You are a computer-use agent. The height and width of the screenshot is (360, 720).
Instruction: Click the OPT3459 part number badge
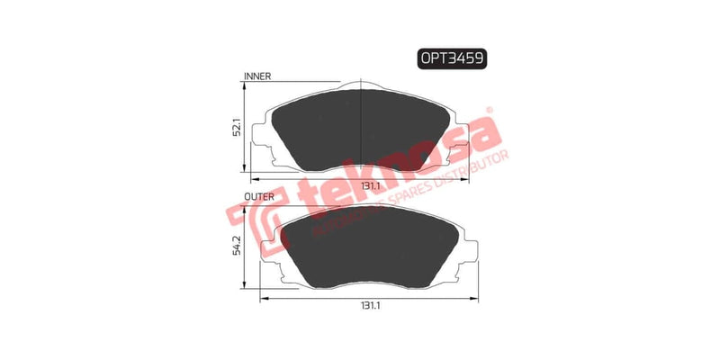(451, 59)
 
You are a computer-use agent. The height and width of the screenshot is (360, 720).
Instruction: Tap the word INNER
(257, 77)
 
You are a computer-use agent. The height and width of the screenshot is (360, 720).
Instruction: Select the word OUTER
(259, 194)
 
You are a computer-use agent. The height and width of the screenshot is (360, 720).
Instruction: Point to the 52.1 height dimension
(235, 128)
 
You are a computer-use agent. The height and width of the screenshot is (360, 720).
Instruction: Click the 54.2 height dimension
(235, 245)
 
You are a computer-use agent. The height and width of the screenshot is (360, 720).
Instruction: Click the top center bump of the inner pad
(360, 88)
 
